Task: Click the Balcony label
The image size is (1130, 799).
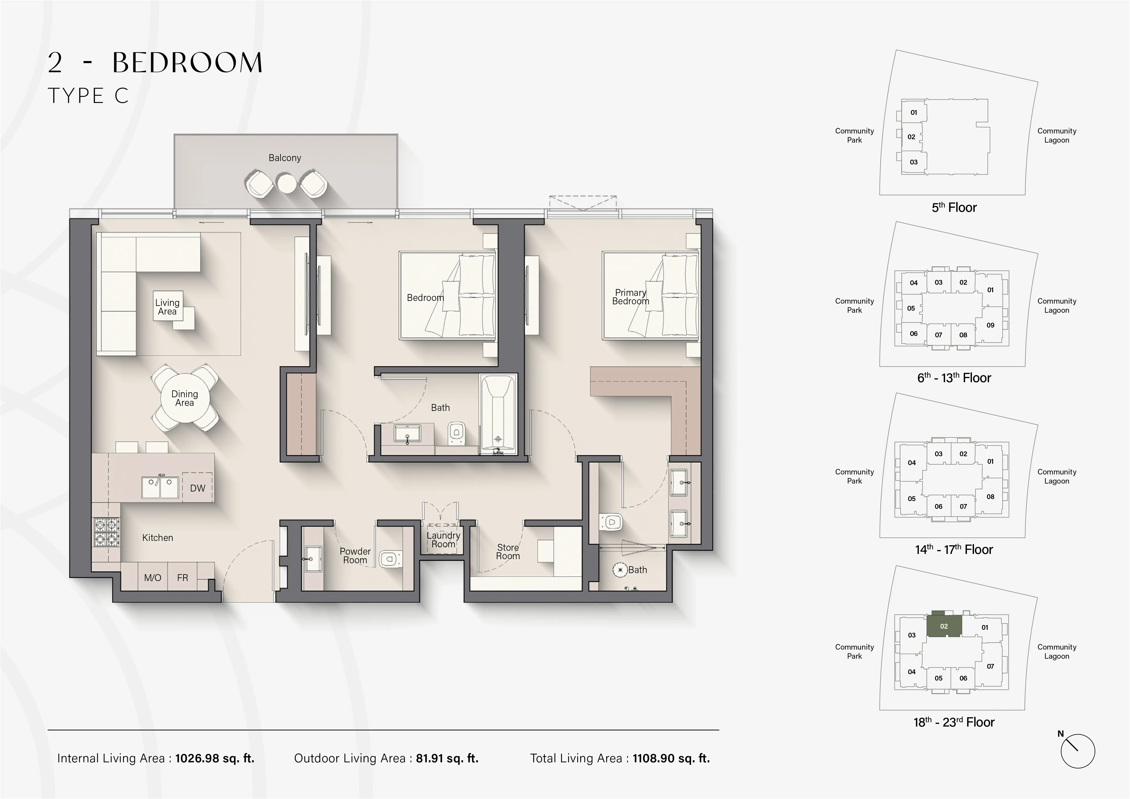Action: coord(284,158)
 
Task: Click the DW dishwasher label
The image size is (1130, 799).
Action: coord(197,488)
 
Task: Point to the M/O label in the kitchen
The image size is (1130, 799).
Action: coord(153,578)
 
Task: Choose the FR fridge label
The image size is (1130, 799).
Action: coord(183,578)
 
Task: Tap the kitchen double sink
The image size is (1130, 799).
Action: coord(160,487)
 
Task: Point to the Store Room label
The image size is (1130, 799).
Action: coord(508,551)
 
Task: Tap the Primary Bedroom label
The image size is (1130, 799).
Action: coord(630,297)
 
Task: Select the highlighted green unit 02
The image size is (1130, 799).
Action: coord(943,626)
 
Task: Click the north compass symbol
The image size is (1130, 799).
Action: coord(1077,751)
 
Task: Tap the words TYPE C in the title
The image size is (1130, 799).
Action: coord(89,96)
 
